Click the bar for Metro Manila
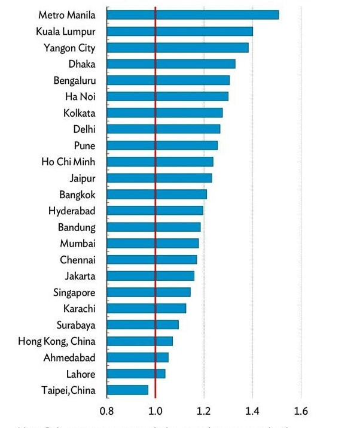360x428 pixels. tap(193, 15)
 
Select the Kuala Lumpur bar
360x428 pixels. tap(179, 31)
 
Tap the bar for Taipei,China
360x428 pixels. tap(127, 390)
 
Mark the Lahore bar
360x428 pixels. tap(136, 374)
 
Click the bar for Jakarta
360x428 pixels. tap(150, 276)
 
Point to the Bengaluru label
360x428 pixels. tap(75, 80)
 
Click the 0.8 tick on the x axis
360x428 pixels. tap(106, 411)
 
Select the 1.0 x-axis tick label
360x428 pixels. tap(155, 411)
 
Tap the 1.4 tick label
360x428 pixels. tap(252, 411)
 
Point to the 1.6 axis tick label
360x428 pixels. tap(301, 411)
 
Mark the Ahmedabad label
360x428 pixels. tap(70, 357)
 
